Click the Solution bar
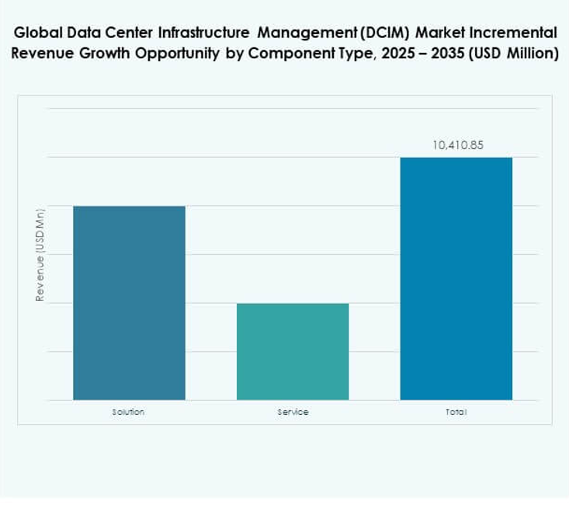(129, 303)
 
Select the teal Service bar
(293, 351)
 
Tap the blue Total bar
(456, 278)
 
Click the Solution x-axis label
(128, 412)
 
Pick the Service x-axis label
(293, 412)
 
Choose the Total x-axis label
(456, 412)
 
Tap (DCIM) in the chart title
(381, 33)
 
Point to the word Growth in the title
(100, 54)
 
